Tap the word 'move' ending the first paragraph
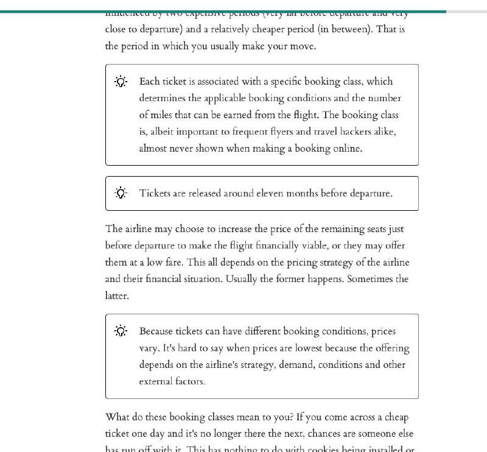coord(301,46)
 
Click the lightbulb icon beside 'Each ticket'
coord(121,82)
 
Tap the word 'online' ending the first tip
coord(346,149)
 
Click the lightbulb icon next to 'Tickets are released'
coord(121,193)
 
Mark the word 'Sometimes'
coord(372,280)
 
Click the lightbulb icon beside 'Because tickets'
coord(121,331)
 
